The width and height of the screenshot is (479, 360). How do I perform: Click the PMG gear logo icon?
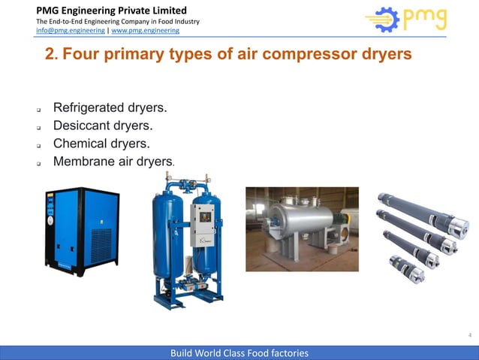[x=383, y=20]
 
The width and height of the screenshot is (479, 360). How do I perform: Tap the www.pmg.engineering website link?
[x=145, y=31]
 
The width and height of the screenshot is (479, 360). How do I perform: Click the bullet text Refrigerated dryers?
[x=110, y=109]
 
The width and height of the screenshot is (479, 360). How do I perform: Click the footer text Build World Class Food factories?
[x=239, y=352]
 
